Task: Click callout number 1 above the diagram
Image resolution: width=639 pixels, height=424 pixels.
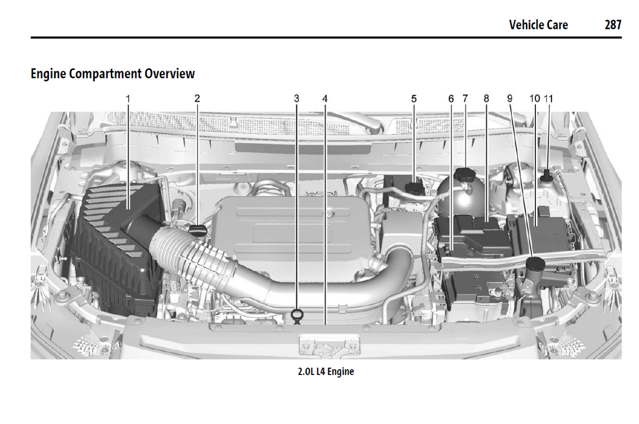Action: [128, 98]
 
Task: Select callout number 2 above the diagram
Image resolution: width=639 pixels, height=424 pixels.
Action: [197, 98]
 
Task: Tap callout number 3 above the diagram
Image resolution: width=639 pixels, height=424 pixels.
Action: [297, 98]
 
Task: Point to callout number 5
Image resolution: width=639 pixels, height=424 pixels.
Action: [414, 98]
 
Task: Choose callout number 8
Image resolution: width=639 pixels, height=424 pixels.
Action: [486, 98]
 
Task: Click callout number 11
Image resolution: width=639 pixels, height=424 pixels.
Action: [548, 98]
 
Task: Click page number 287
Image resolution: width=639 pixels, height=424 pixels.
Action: [613, 25]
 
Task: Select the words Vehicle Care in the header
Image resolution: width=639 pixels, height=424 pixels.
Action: [538, 25]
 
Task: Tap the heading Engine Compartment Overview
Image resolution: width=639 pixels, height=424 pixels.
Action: [113, 73]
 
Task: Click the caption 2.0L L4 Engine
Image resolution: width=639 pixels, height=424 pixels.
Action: [326, 371]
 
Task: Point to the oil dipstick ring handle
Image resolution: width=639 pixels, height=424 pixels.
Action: [297, 315]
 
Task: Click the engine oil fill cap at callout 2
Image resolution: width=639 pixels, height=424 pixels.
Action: [197, 230]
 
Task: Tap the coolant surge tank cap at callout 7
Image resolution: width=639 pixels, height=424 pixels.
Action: [465, 174]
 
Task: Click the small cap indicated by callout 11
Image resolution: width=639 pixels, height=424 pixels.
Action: [547, 175]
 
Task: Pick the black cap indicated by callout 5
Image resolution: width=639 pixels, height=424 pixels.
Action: [414, 188]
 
